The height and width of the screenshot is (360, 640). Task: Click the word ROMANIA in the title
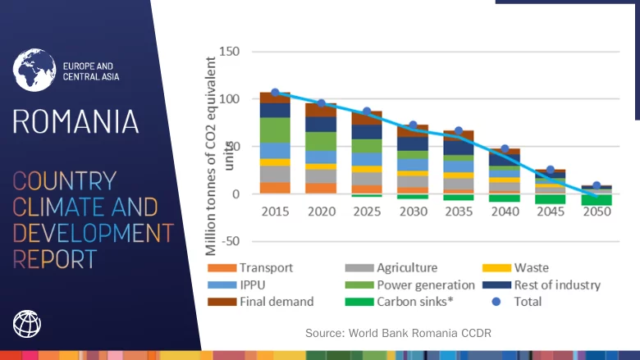75,121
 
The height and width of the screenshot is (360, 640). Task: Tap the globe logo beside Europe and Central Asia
34,70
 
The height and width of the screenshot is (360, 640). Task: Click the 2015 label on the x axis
275,211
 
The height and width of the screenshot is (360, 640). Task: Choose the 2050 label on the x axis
597,211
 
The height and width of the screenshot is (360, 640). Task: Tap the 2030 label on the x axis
413,211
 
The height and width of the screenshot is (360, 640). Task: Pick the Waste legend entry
531,267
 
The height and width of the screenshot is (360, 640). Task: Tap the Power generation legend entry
426,285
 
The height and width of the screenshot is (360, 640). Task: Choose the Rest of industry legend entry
557,285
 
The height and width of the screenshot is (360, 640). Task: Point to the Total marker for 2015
275,93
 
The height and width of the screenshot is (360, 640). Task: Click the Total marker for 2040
505,150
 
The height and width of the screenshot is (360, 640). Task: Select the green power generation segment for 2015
275,130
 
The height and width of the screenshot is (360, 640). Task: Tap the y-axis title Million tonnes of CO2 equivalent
214,156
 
